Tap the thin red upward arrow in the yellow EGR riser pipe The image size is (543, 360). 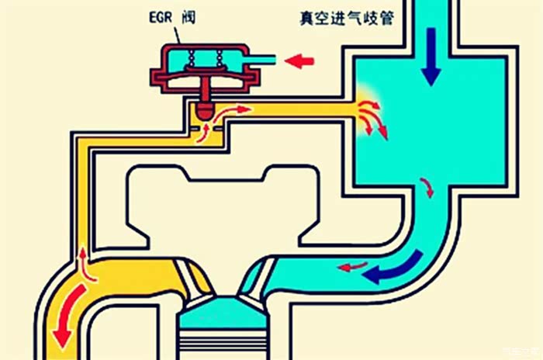point(82,260)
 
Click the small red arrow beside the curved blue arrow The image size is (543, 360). point(352,268)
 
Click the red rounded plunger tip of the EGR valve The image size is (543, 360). point(205,111)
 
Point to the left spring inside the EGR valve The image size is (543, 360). point(191,61)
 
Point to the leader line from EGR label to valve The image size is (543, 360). point(181,33)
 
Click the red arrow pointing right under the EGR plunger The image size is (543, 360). point(240,109)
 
